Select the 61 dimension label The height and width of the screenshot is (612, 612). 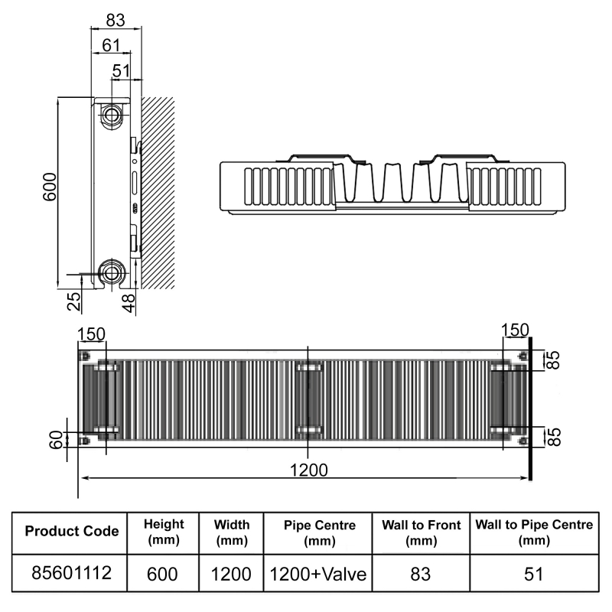[x=112, y=46]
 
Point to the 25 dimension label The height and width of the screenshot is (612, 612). [x=74, y=301]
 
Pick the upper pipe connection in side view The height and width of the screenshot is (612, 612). [x=112, y=116]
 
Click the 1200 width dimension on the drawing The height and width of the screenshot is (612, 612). [x=308, y=469]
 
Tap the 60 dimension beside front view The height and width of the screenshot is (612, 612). [x=56, y=440]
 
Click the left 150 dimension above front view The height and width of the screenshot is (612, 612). [x=91, y=334]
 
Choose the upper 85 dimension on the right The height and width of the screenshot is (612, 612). [x=555, y=360]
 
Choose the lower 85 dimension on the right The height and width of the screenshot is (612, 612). [x=555, y=437]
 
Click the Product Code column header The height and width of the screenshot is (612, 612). [x=72, y=531]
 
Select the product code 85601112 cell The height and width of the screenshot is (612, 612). [x=72, y=572]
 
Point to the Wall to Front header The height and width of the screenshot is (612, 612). [x=422, y=531]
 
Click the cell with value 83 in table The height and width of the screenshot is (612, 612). [x=422, y=573]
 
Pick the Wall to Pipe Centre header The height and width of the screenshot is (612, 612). [x=534, y=531]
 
